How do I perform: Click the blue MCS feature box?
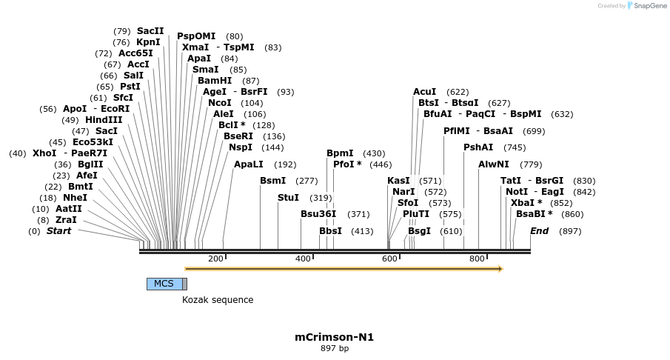pos(164,284)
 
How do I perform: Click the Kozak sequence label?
pos(218,300)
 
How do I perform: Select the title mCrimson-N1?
pos(334,337)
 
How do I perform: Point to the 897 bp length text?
pos(334,348)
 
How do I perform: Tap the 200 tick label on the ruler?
pos(215,259)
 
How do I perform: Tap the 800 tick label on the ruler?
pos(477,259)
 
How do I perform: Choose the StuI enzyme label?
pos(288,198)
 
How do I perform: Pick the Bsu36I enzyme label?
pos(318,214)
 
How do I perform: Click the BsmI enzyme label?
pos(272,181)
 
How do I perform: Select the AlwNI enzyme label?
pos(494,164)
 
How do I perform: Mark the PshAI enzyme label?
pos(478,147)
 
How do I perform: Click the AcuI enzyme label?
pos(424,92)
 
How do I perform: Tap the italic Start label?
pos(59,231)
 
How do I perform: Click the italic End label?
pos(539,231)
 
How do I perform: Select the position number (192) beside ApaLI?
pos(285,164)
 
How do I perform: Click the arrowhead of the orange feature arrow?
pos(500,269)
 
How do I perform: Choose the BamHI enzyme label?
pos(215,81)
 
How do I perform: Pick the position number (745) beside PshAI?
pos(515,147)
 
